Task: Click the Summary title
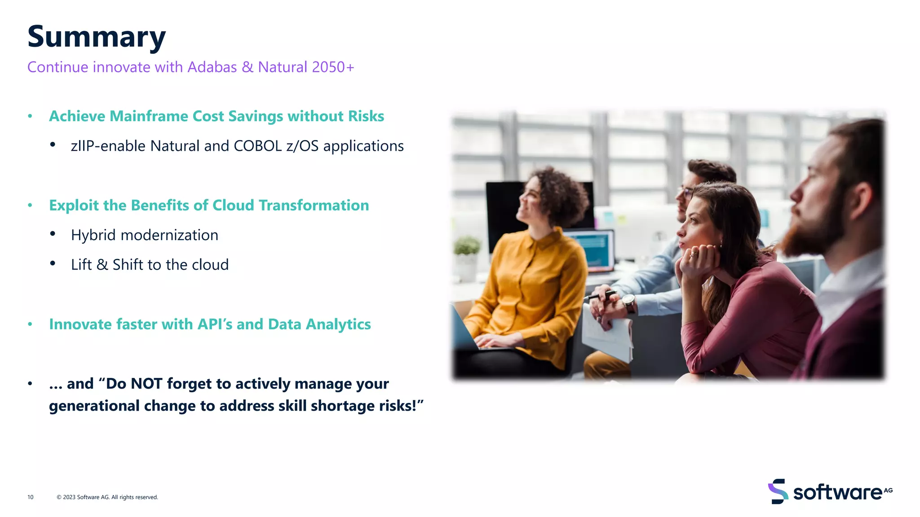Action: click(x=96, y=37)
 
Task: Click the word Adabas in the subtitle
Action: click(x=212, y=67)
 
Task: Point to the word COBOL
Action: click(x=257, y=146)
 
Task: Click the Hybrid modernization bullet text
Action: click(x=144, y=235)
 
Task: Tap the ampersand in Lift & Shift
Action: click(x=102, y=265)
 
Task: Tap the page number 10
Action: click(x=31, y=497)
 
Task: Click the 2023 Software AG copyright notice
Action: click(x=107, y=497)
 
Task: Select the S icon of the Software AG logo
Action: click(x=778, y=491)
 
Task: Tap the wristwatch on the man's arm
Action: click(x=629, y=303)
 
